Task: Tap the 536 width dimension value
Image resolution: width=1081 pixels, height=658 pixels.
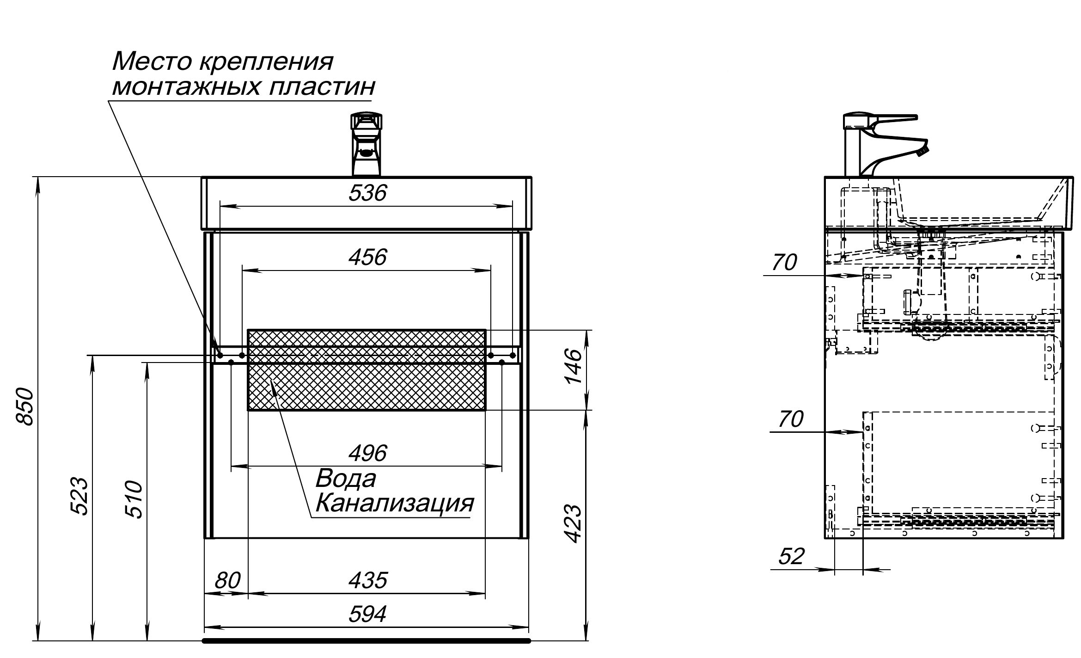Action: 367,193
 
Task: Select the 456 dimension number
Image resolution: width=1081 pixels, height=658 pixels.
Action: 367,257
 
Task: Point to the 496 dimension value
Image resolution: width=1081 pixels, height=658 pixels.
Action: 367,453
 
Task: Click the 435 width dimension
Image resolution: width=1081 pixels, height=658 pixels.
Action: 367,580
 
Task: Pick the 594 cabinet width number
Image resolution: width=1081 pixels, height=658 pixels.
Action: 367,615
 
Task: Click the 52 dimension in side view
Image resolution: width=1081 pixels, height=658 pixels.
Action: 791,557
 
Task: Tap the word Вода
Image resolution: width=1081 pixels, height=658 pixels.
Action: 345,479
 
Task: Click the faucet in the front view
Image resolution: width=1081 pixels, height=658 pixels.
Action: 366,144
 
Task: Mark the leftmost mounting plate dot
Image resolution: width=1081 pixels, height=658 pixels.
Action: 220,355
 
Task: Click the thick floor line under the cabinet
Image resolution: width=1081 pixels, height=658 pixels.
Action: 367,640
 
